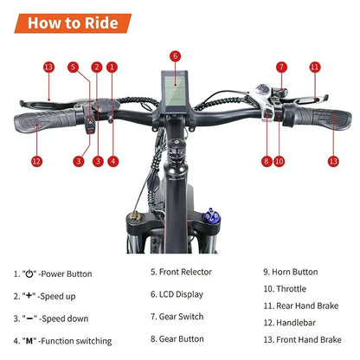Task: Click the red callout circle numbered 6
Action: pyautogui.click(x=175, y=56)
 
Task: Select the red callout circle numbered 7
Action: pyautogui.click(x=281, y=67)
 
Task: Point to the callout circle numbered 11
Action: pyautogui.click(x=314, y=67)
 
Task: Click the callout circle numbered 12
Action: pyautogui.click(x=36, y=160)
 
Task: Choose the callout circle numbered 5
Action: pyautogui.click(x=74, y=67)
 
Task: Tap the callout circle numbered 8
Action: pyautogui.click(x=266, y=160)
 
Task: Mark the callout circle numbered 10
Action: pyautogui.click(x=280, y=160)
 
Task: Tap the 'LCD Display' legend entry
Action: pyautogui.click(x=179, y=295)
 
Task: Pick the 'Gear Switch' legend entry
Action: pyautogui.click(x=179, y=318)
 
